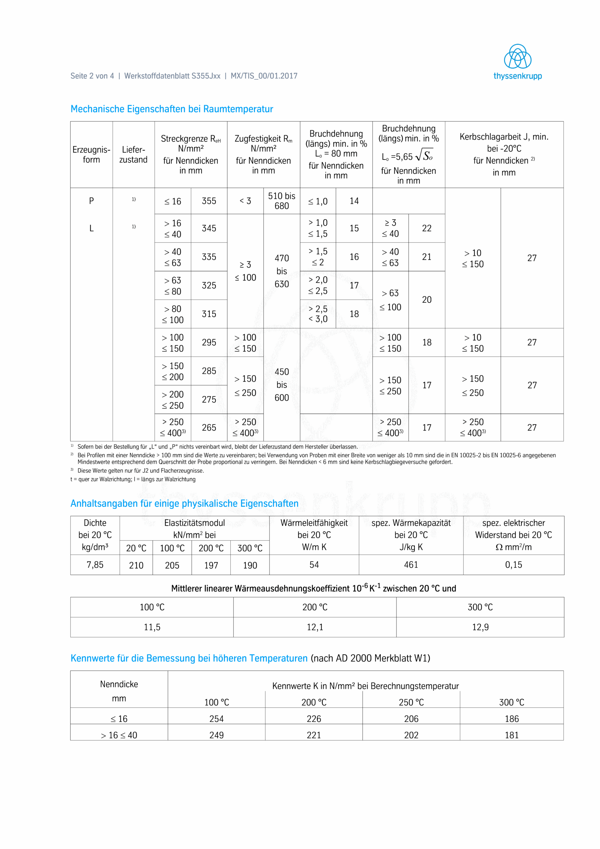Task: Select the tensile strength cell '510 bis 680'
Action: coord(281,201)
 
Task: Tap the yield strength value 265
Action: coord(209,427)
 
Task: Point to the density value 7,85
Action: coord(95,565)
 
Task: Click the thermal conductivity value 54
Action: coord(314,565)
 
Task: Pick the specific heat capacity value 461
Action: coord(411,565)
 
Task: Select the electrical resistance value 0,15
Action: coord(513,565)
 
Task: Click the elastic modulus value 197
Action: coord(211,565)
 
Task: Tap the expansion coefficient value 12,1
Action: coord(315,627)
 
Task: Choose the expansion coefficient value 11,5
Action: coord(152,627)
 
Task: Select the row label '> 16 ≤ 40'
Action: coord(119,735)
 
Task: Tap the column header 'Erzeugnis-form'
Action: coord(91,155)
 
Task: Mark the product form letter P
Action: coord(91,201)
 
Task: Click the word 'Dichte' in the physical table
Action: coord(95,523)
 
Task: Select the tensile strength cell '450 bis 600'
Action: coord(281,385)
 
